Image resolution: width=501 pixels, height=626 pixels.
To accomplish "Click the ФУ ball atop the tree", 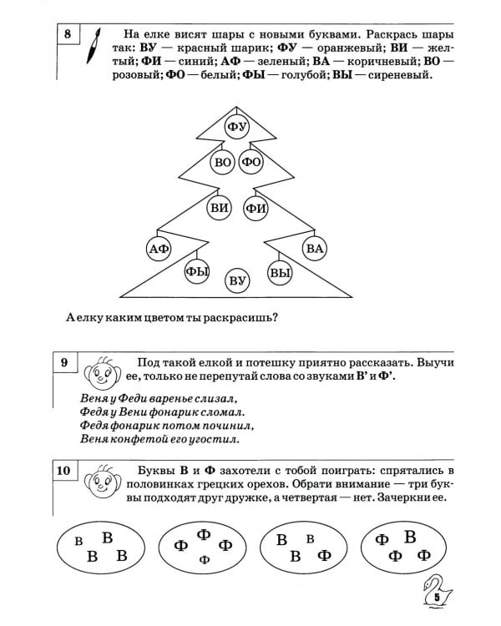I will (238, 127).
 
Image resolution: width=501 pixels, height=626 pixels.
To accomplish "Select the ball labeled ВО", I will (223, 163).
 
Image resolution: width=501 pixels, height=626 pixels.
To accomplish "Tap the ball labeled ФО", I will (251, 163).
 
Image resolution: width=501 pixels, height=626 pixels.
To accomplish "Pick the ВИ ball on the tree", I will (220, 208).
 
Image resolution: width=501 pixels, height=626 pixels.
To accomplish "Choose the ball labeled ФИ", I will (256, 208).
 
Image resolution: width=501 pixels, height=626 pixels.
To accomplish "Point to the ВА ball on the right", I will (315, 248).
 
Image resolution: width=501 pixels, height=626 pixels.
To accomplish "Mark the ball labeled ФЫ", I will (197, 271).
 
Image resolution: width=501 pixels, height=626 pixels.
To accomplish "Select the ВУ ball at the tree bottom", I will (238, 280).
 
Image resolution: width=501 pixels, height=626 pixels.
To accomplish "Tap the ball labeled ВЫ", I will (281, 272).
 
